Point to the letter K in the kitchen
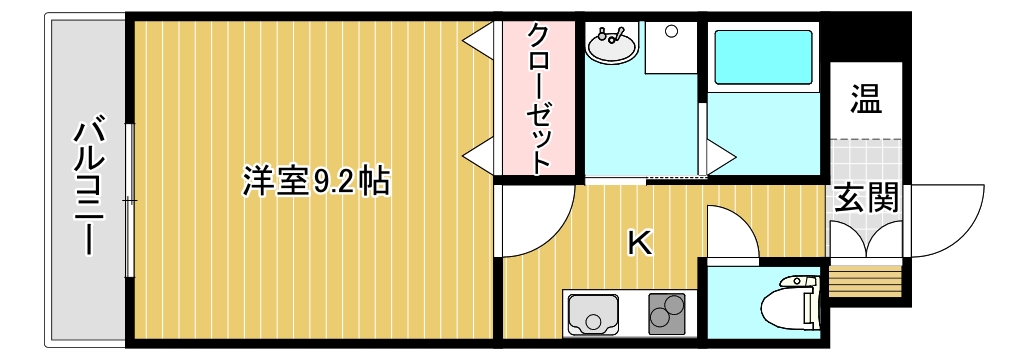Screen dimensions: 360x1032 639,243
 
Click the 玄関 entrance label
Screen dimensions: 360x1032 866,198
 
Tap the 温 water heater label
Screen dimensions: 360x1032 865,98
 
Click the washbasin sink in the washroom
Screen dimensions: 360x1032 611,44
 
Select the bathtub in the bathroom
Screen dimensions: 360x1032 762,58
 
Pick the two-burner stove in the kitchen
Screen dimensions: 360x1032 665,314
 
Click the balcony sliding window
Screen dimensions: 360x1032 129,200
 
